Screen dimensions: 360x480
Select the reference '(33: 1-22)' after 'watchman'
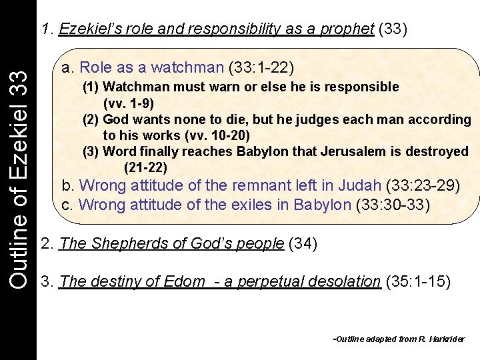pos(261,67)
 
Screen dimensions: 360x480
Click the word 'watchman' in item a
pos(187,67)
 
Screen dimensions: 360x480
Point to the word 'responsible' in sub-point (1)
pos(364,87)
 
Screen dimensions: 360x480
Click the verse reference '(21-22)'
pos(145,167)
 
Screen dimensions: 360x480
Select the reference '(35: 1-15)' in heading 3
pos(418,281)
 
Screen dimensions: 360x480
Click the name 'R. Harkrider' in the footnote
pos(441,339)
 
